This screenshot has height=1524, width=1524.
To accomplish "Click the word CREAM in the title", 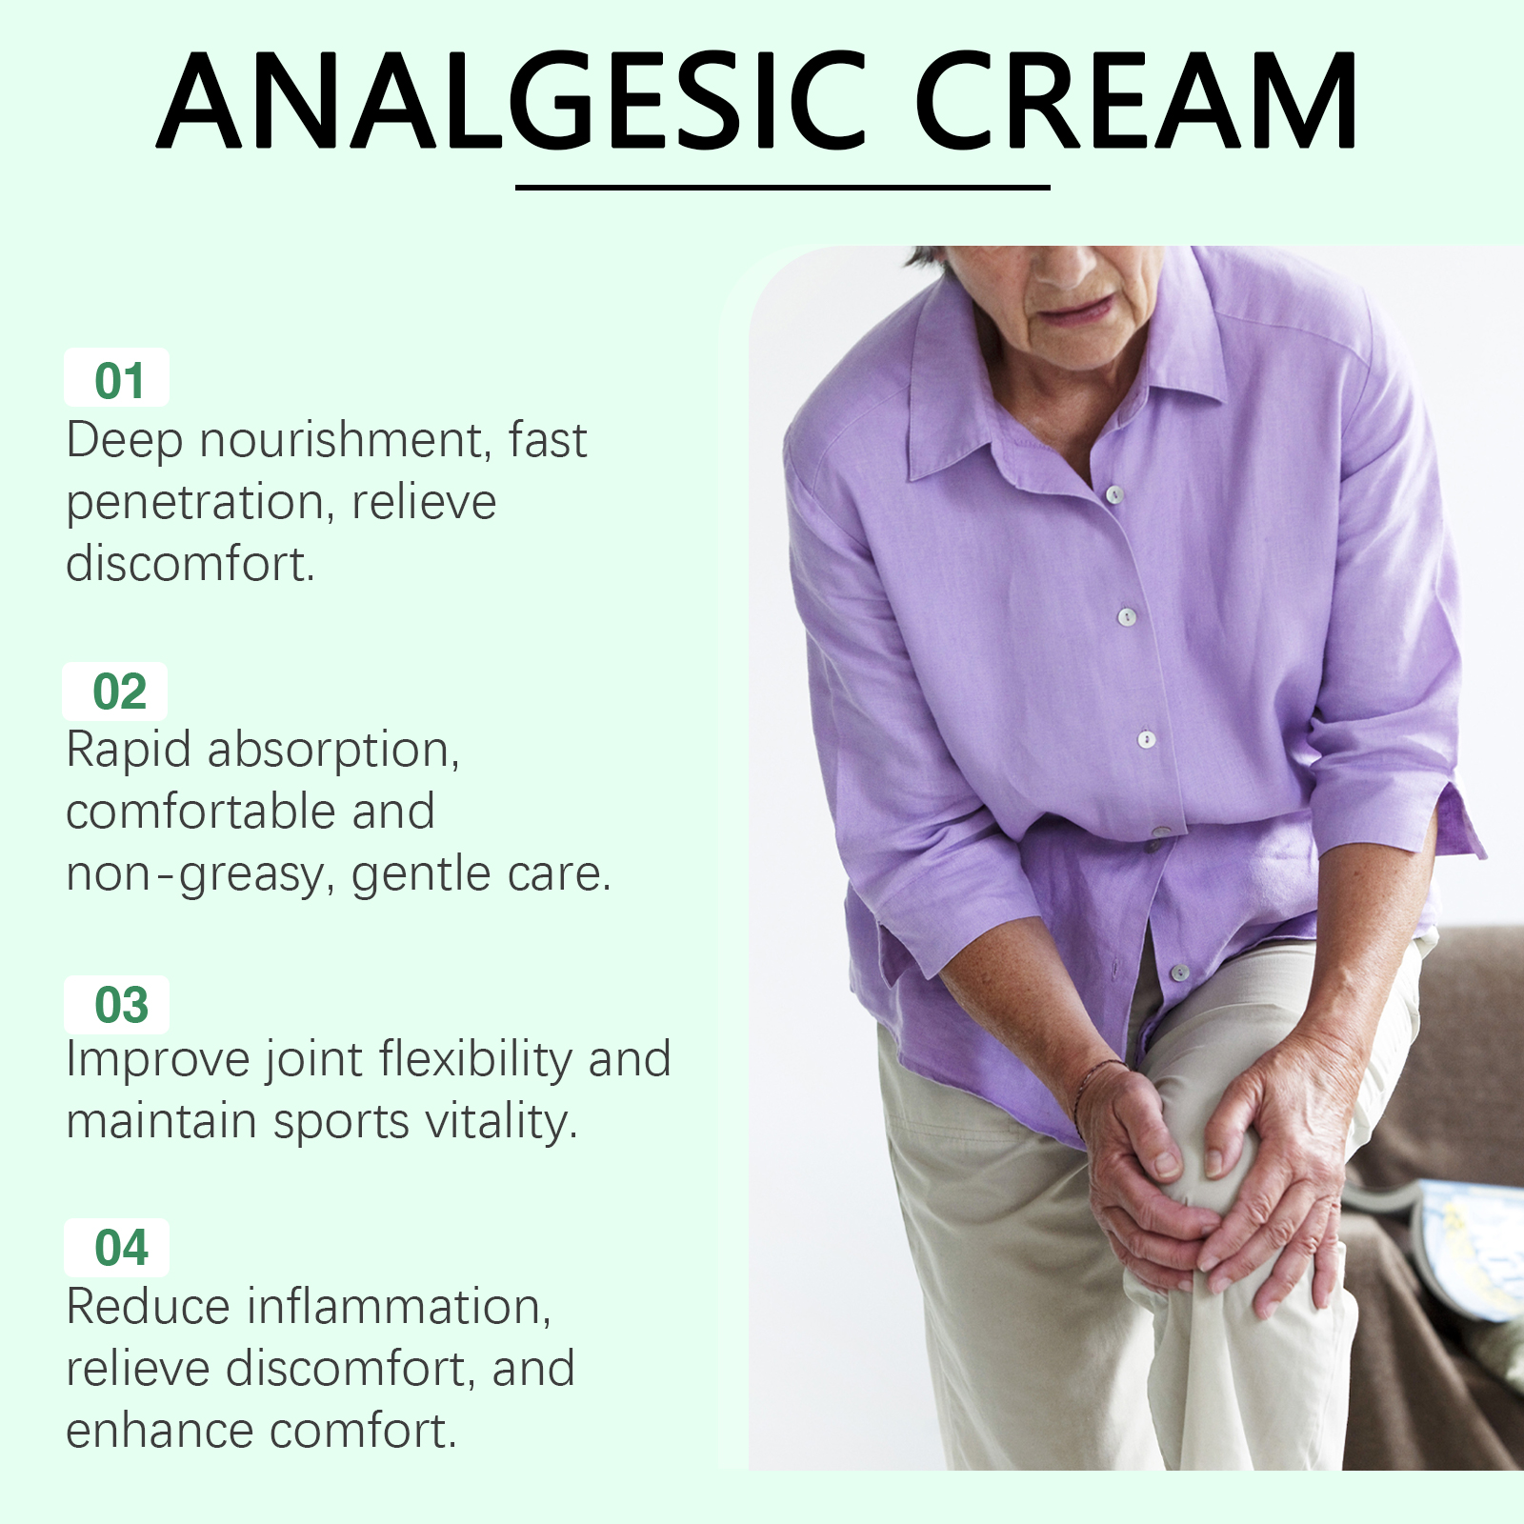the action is (1136, 100).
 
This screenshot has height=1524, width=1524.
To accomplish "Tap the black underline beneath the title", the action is (782, 188).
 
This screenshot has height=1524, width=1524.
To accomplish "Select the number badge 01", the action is (117, 378).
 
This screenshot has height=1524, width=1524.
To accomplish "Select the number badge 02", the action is (115, 692).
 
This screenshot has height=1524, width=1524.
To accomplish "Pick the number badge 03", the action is (117, 1005).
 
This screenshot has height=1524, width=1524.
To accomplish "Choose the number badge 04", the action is (117, 1248).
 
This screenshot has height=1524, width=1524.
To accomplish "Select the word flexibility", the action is (474, 1060).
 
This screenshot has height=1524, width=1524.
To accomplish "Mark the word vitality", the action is (502, 1122).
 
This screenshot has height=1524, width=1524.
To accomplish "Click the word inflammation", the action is (398, 1307).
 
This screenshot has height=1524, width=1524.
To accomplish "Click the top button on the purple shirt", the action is (1114, 494).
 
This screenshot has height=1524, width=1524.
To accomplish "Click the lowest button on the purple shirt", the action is (1179, 973).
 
